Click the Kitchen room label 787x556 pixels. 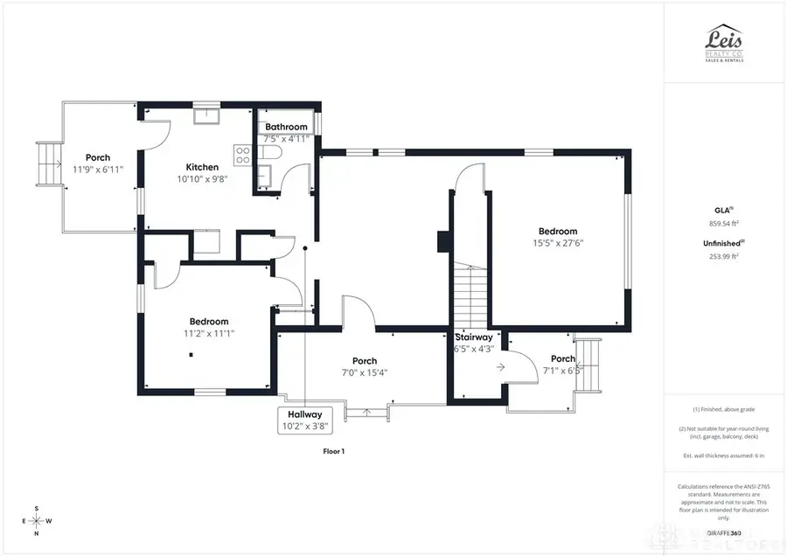tap(201, 167)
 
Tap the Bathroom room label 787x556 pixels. tap(287, 127)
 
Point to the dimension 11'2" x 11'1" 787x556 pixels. tap(209, 333)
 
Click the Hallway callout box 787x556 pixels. tap(302, 420)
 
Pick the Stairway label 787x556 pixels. tap(473, 337)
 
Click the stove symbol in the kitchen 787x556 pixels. tap(242, 156)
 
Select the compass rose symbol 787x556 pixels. tap(36, 521)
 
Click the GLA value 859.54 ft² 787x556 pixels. tap(724, 224)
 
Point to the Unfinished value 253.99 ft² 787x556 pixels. tap(724, 256)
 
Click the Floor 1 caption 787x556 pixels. tap(335, 451)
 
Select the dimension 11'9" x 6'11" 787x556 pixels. tap(98, 170)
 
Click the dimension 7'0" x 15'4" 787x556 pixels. tap(365, 372)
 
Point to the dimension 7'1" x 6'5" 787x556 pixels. tap(563, 370)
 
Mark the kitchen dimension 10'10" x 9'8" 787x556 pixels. tap(202, 179)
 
